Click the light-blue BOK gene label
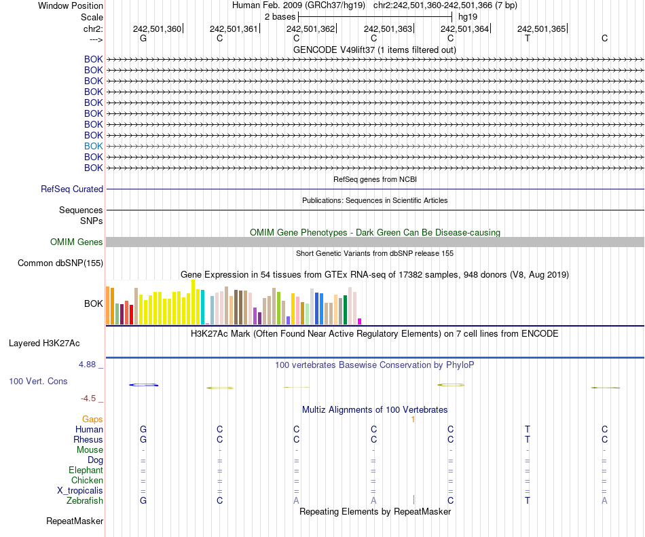(x=94, y=146)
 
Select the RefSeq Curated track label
(x=72, y=189)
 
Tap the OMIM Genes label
(x=77, y=242)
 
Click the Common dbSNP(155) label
(x=60, y=263)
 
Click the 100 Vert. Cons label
(x=38, y=382)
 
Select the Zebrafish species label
(x=85, y=501)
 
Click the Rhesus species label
(x=88, y=440)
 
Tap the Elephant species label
(x=86, y=470)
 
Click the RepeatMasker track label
(x=75, y=521)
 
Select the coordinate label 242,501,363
(x=388, y=29)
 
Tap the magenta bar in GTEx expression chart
(x=360, y=321)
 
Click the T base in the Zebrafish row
(x=528, y=501)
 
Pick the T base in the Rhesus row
(x=528, y=440)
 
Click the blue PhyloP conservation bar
(x=144, y=385)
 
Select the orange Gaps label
(x=93, y=420)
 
